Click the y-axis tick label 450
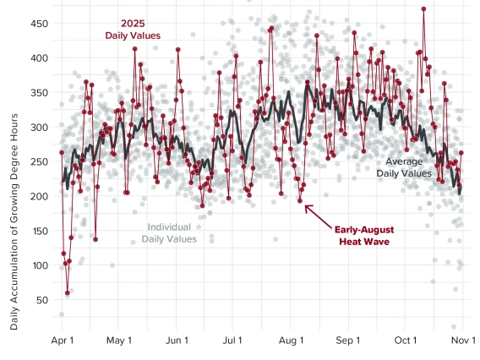point(37,24)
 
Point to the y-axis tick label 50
point(40,300)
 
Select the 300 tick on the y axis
point(37,128)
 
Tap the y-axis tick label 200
point(37,196)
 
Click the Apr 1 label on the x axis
point(62,341)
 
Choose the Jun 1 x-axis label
point(177,341)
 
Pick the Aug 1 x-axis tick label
point(291,341)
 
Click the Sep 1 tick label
point(348,341)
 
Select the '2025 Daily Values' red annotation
point(134,30)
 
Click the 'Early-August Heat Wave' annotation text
point(364,235)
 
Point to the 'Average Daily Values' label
point(403,166)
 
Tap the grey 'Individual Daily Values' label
point(169,233)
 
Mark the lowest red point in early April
point(68,293)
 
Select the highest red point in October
point(423,9)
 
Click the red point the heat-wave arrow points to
point(300,200)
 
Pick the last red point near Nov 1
point(461,152)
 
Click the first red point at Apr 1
point(62,152)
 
